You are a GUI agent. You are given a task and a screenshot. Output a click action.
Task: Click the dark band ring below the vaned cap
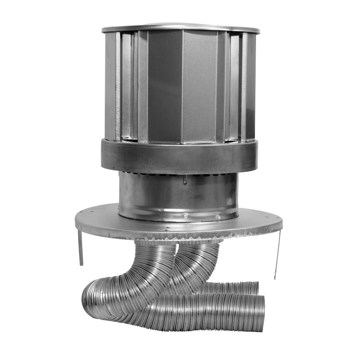(x=179, y=156)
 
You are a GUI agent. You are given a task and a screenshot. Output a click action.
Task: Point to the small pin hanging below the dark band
(x=185, y=179)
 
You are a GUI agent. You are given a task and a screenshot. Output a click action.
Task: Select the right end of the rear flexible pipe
(x=255, y=288)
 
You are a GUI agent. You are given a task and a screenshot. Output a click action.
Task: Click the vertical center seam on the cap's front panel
(x=182, y=86)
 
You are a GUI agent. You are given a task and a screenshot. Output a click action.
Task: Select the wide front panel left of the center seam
(x=165, y=86)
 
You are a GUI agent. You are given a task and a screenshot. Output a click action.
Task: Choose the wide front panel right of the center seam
(x=199, y=86)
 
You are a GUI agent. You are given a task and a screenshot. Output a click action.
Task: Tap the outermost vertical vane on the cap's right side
(x=251, y=86)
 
